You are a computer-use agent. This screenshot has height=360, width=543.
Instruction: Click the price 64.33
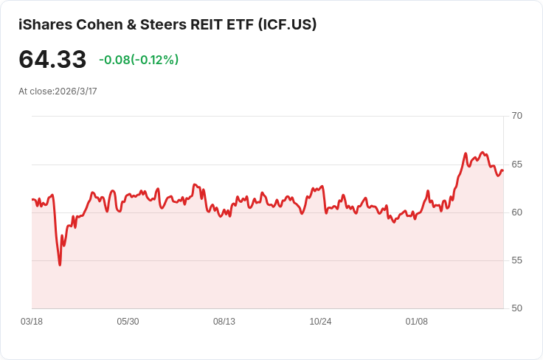52,60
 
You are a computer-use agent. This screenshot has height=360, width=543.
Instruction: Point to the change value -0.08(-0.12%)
139,60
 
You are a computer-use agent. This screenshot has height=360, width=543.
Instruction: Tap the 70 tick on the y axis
516,116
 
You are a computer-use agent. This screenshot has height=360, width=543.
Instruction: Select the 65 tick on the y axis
516,165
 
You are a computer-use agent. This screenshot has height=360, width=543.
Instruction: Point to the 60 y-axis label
516,212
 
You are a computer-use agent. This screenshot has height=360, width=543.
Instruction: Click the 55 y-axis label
516,260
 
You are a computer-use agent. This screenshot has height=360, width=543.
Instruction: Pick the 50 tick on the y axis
516,308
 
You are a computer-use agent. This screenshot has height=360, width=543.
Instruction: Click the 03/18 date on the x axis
32,322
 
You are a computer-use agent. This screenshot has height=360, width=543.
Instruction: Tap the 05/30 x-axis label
128,322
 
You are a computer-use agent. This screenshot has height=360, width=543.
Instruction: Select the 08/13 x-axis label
224,322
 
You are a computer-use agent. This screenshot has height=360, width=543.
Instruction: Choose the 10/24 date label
320,322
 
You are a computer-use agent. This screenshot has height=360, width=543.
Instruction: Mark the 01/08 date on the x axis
417,322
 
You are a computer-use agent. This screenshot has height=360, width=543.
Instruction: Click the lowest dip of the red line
60,264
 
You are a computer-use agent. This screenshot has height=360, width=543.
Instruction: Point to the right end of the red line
502,171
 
